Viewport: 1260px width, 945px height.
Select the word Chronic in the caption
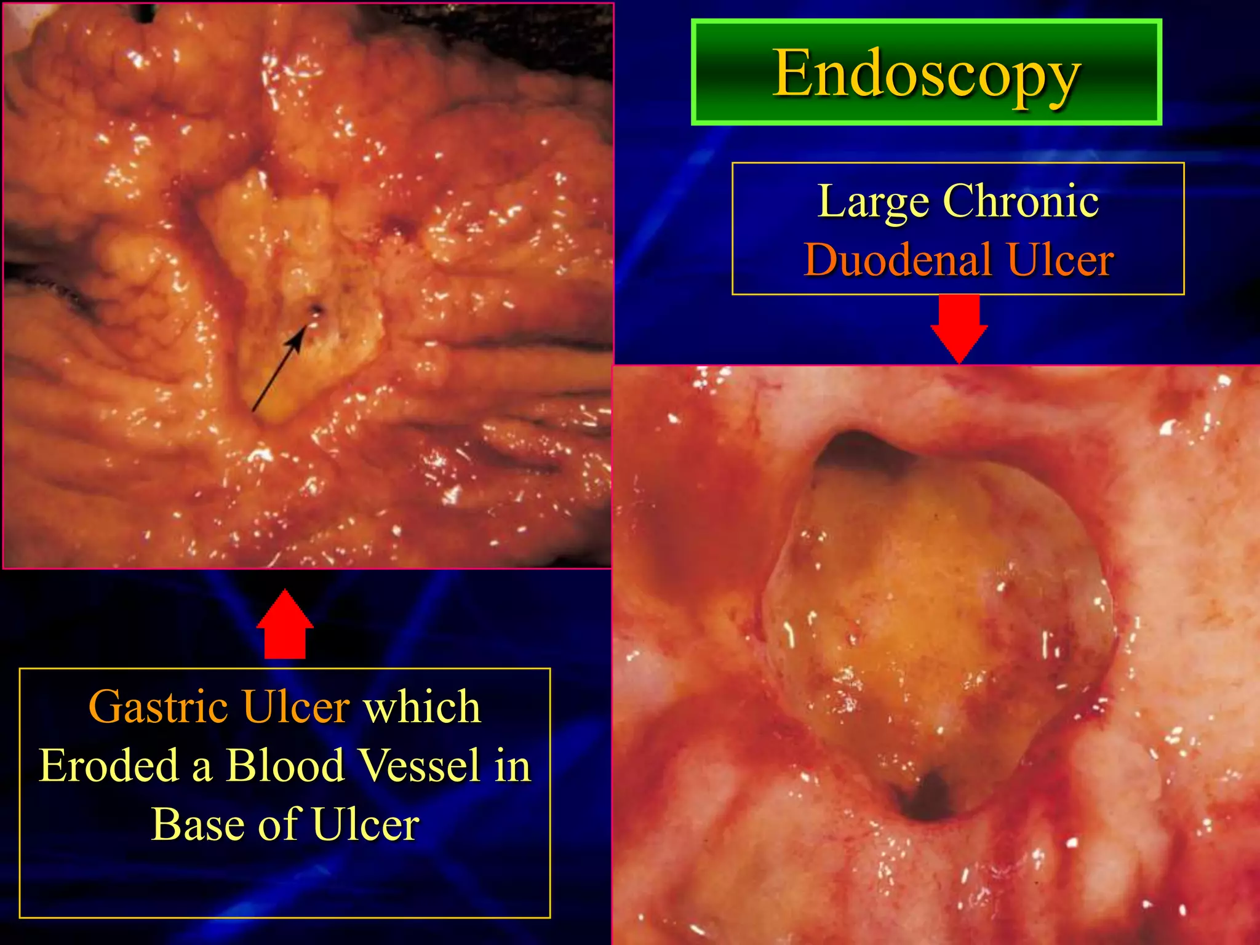pyautogui.click(x=1021, y=201)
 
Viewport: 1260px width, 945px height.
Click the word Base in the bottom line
pyautogui.click(x=196, y=824)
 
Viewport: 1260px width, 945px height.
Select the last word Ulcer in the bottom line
pyautogui.click(x=365, y=824)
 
